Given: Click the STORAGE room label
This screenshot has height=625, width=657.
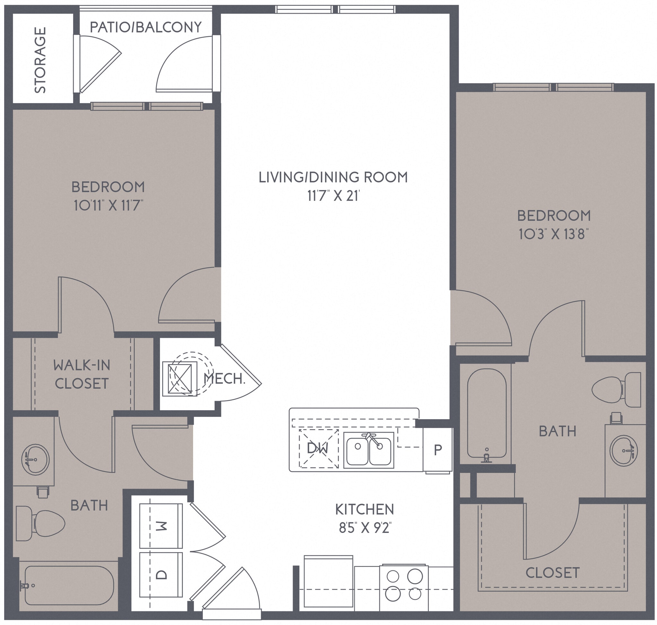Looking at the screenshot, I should tap(40, 60).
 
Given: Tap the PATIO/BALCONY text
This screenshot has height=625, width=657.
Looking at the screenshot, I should tap(146, 27).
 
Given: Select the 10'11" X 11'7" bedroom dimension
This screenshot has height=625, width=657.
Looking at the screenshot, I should tap(108, 205).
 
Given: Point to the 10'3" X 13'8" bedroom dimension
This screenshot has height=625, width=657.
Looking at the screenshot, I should tap(553, 234).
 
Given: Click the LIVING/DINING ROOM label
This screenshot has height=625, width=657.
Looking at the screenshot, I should tap(333, 177).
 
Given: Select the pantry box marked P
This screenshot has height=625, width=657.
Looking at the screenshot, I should tap(438, 450).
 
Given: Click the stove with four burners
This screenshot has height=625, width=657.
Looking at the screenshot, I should tap(404, 585).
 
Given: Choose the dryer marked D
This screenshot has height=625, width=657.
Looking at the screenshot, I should tap(161, 574).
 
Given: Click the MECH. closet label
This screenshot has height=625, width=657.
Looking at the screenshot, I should tap(224, 379).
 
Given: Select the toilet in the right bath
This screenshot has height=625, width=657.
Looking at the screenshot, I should tap(616, 389).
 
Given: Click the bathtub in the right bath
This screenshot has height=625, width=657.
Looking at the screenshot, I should tap(487, 413).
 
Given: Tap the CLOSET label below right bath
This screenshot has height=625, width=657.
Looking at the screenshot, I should tap(552, 573).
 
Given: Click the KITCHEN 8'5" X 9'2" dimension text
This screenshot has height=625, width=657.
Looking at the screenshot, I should tap(365, 528).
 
